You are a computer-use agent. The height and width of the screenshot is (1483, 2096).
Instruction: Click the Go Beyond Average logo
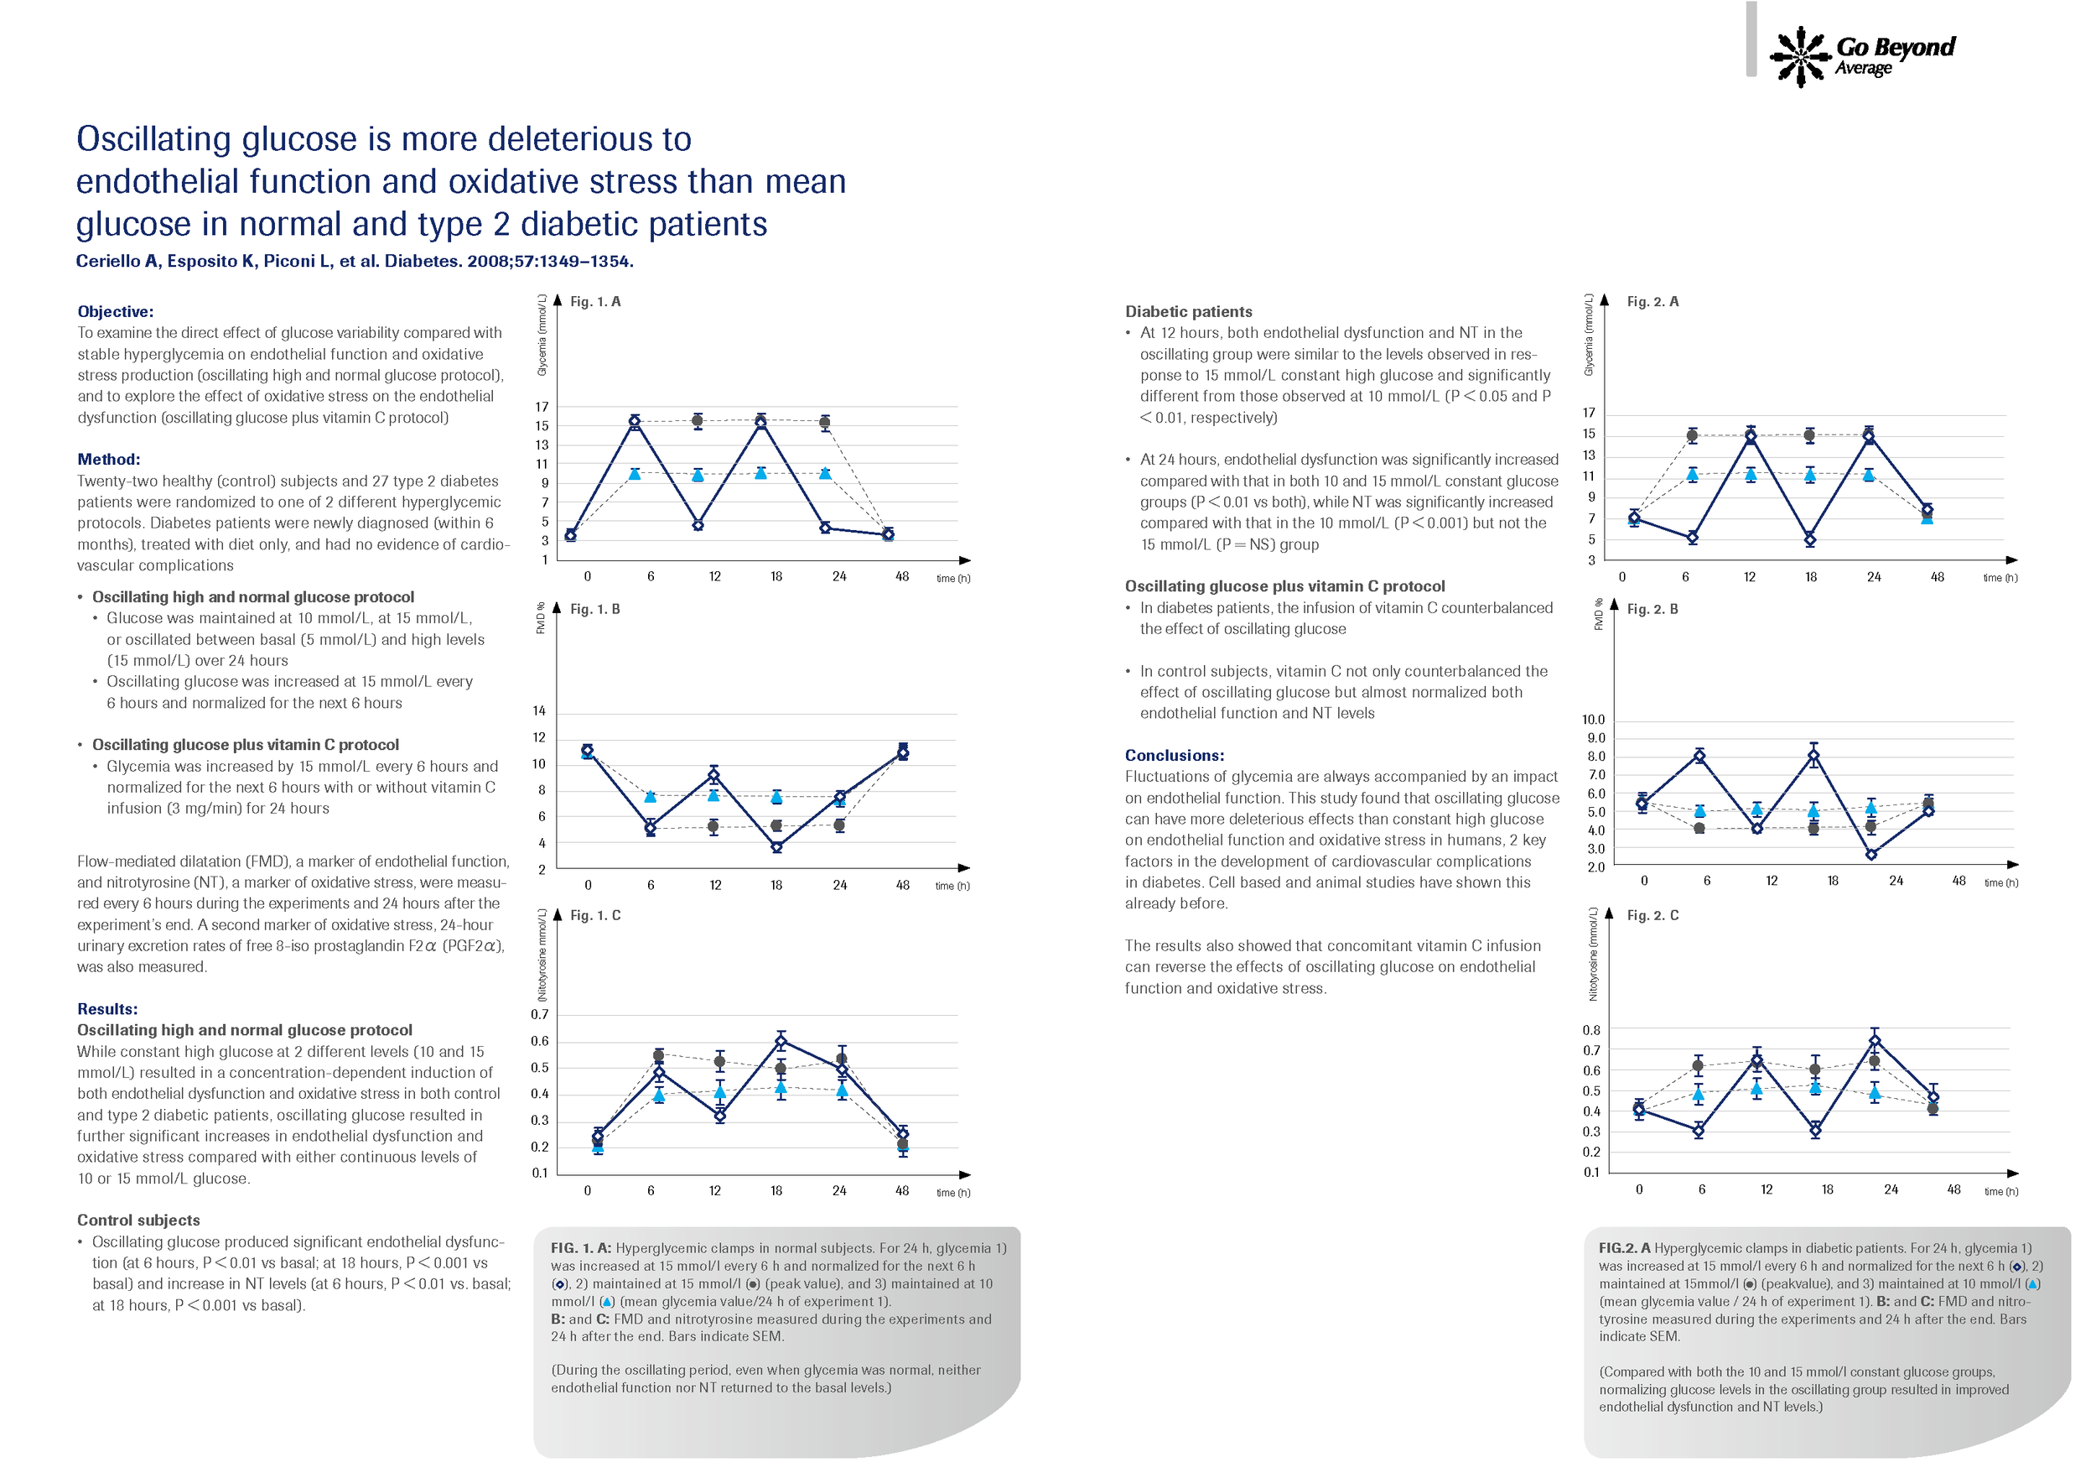point(1862,56)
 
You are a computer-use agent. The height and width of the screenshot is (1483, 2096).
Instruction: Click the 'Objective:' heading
point(115,311)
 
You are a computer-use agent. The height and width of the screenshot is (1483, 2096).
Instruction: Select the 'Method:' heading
point(109,460)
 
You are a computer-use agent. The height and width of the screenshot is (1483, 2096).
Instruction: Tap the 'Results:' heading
point(106,1009)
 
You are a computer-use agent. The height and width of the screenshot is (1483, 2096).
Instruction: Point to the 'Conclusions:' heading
point(1174,755)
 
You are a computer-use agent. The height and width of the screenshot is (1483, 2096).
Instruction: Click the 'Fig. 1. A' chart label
point(595,301)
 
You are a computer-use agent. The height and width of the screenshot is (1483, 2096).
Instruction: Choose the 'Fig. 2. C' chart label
point(1652,915)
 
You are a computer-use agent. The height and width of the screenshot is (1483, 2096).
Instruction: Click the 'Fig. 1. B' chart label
point(595,609)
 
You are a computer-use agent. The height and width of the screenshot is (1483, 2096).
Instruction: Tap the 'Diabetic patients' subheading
point(1189,311)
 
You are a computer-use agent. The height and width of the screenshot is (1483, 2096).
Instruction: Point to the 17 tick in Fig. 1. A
point(542,408)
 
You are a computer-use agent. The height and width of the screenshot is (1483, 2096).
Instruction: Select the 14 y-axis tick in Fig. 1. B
point(540,711)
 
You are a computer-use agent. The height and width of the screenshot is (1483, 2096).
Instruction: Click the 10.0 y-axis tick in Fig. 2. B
point(1593,720)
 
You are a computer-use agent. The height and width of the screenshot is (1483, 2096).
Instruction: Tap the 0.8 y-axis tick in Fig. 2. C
point(1591,1030)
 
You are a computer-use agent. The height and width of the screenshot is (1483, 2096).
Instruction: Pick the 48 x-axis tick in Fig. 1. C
point(902,1191)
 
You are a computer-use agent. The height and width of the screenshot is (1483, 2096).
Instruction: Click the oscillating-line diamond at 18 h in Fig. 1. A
point(760,422)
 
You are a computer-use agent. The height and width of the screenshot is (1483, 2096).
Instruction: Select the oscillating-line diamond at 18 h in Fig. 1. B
point(776,846)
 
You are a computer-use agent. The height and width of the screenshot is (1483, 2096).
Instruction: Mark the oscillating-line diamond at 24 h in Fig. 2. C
point(1875,1041)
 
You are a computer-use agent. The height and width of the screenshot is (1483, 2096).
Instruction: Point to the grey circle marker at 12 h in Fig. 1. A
point(698,421)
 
